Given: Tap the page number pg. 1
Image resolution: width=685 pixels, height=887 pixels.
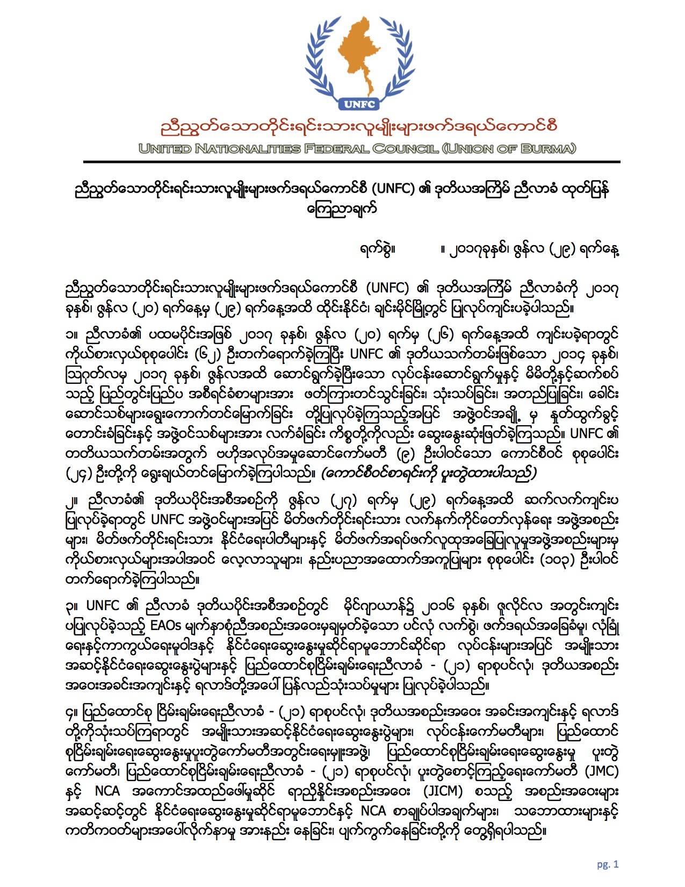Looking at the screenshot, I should [608, 864].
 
